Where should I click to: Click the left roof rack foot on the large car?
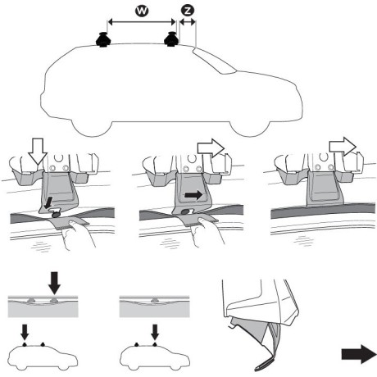103,40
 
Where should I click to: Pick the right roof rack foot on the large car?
172,40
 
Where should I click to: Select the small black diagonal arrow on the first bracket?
52,200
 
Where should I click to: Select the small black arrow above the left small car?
24,332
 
